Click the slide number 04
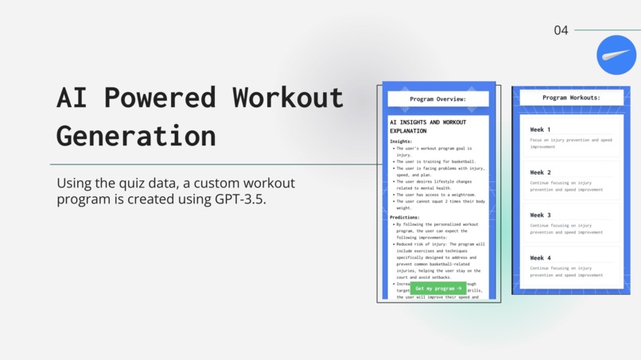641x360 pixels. click(x=561, y=30)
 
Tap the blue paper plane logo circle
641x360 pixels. click(x=616, y=55)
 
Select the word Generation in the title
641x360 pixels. click(x=136, y=135)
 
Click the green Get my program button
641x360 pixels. click(x=438, y=288)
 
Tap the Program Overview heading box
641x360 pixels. click(x=438, y=99)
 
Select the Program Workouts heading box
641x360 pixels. click(x=571, y=98)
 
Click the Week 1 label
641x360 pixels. click(x=541, y=130)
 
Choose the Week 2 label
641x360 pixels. click(x=541, y=172)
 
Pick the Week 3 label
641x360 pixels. click(x=541, y=215)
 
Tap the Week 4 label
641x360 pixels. click(x=541, y=258)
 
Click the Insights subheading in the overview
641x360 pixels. click(x=401, y=141)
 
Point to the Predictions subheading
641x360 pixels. click(x=405, y=217)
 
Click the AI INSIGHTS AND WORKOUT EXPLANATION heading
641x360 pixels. click(x=428, y=126)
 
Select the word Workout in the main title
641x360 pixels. click(x=288, y=97)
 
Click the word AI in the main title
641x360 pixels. click(x=72, y=97)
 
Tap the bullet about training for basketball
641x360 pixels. click(x=436, y=161)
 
